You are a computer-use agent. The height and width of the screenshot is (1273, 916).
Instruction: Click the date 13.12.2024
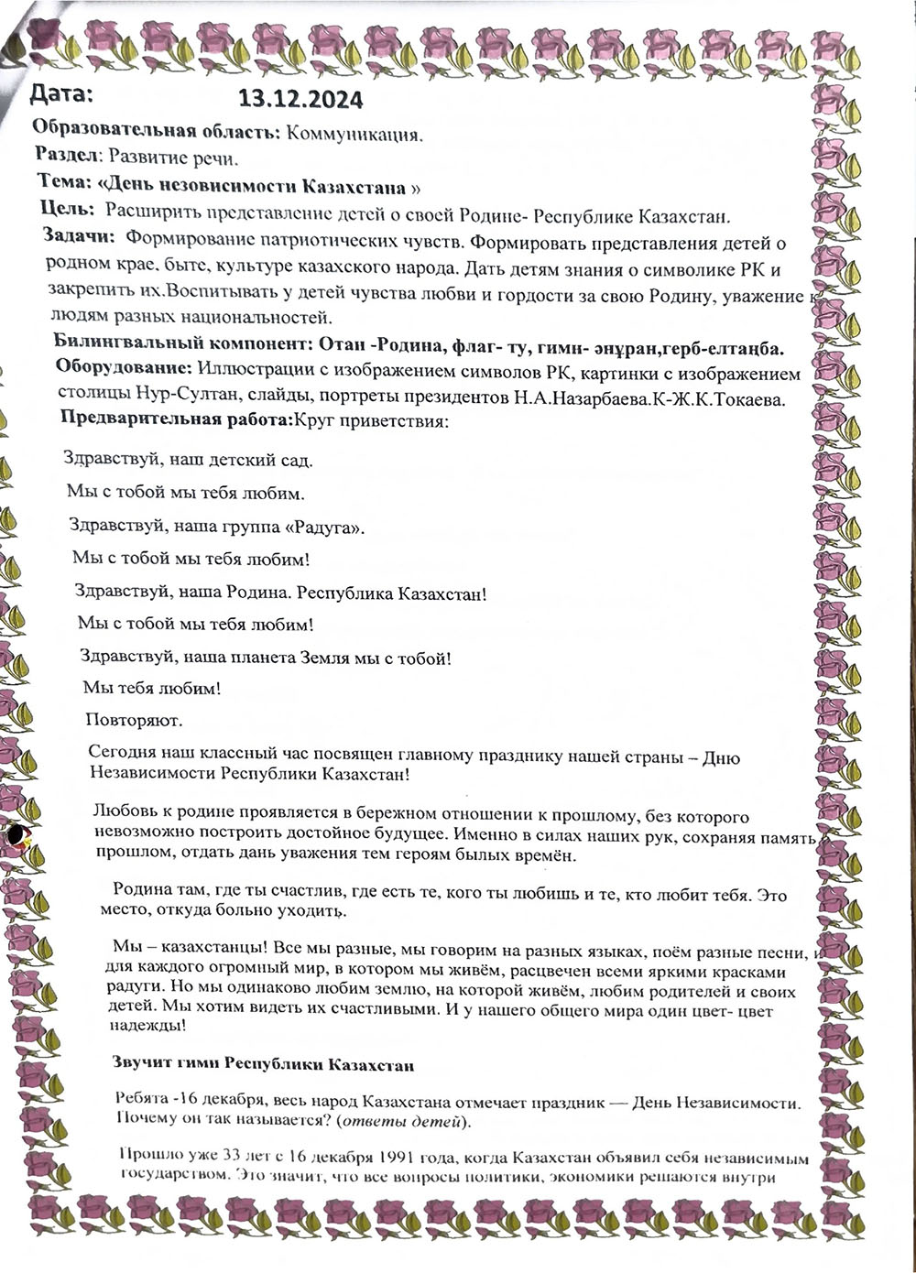(x=300, y=99)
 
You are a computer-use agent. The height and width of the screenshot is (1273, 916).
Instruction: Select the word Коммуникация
(x=354, y=135)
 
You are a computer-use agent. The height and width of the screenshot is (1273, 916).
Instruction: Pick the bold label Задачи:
(x=78, y=237)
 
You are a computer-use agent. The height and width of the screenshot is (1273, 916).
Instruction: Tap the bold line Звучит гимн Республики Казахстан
(x=262, y=1065)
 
